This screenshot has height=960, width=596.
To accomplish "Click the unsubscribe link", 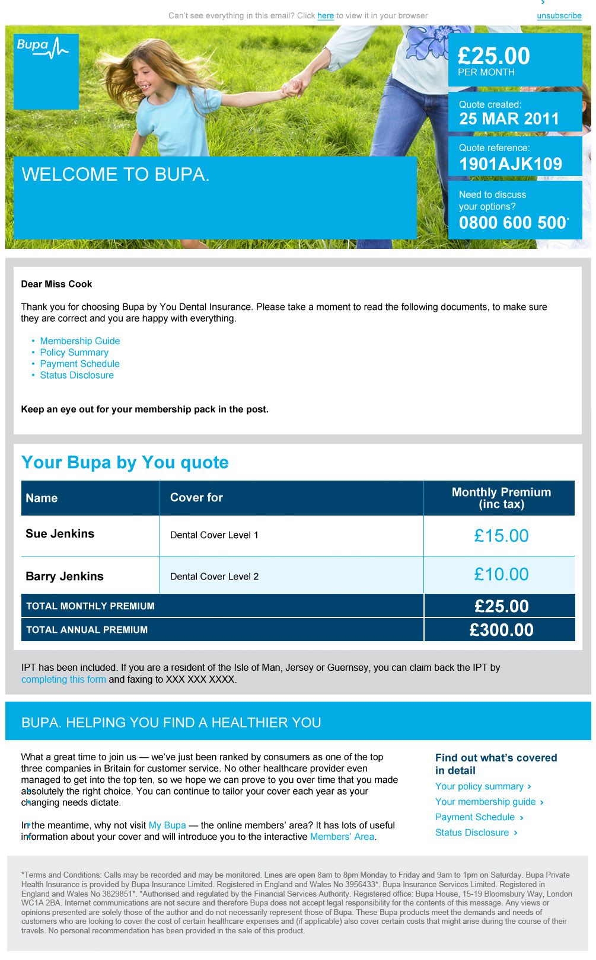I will click(x=559, y=16).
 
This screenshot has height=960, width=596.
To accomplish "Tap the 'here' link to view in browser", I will click(x=325, y=16).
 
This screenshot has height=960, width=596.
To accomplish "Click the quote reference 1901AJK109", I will click(x=510, y=164).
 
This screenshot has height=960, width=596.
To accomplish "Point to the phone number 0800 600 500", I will click(x=513, y=223).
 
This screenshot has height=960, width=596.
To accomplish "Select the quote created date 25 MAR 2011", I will click(x=509, y=119).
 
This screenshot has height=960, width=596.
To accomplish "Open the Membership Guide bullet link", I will click(x=79, y=341).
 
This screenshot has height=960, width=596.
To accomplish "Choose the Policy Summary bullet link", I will click(x=74, y=352).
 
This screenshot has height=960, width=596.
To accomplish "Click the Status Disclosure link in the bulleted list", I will click(x=77, y=375).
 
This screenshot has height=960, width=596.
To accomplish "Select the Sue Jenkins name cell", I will click(x=60, y=534).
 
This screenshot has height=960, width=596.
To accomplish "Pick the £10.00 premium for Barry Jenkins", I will click(x=501, y=574).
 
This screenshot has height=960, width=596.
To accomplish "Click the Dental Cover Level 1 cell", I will click(x=214, y=535).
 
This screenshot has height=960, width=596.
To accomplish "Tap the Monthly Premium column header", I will click(x=501, y=498).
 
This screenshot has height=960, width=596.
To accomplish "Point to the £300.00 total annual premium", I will click(x=501, y=630).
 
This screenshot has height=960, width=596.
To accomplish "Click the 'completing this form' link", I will click(x=63, y=679).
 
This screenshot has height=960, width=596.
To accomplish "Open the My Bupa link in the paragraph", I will click(x=167, y=825).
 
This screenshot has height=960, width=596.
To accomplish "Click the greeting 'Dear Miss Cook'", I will click(x=56, y=284).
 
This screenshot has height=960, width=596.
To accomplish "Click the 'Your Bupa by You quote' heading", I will click(x=125, y=462).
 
